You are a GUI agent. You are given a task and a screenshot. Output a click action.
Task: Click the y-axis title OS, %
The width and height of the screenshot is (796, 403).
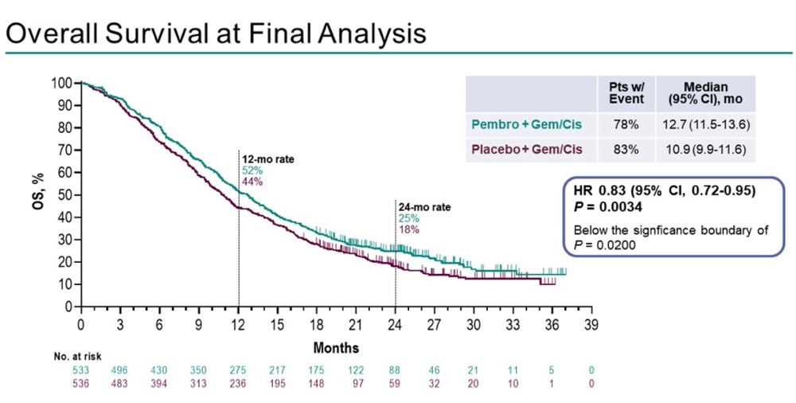click(x=37, y=194)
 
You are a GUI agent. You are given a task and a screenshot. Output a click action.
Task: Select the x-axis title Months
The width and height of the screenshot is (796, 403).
click(x=335, y=348)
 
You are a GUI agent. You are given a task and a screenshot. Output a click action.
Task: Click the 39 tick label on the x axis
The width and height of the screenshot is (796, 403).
click(x=591, y=325)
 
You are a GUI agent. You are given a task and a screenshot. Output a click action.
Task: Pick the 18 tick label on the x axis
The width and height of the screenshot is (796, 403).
click(x=316, y=325)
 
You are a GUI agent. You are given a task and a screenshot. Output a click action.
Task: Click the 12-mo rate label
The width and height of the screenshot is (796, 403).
click(x=267, y=159)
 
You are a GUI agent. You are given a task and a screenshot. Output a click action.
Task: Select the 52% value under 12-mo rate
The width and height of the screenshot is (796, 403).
click(x=251, y=170)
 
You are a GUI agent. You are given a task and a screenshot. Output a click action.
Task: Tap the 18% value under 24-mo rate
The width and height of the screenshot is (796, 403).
click(x=408, y=229)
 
